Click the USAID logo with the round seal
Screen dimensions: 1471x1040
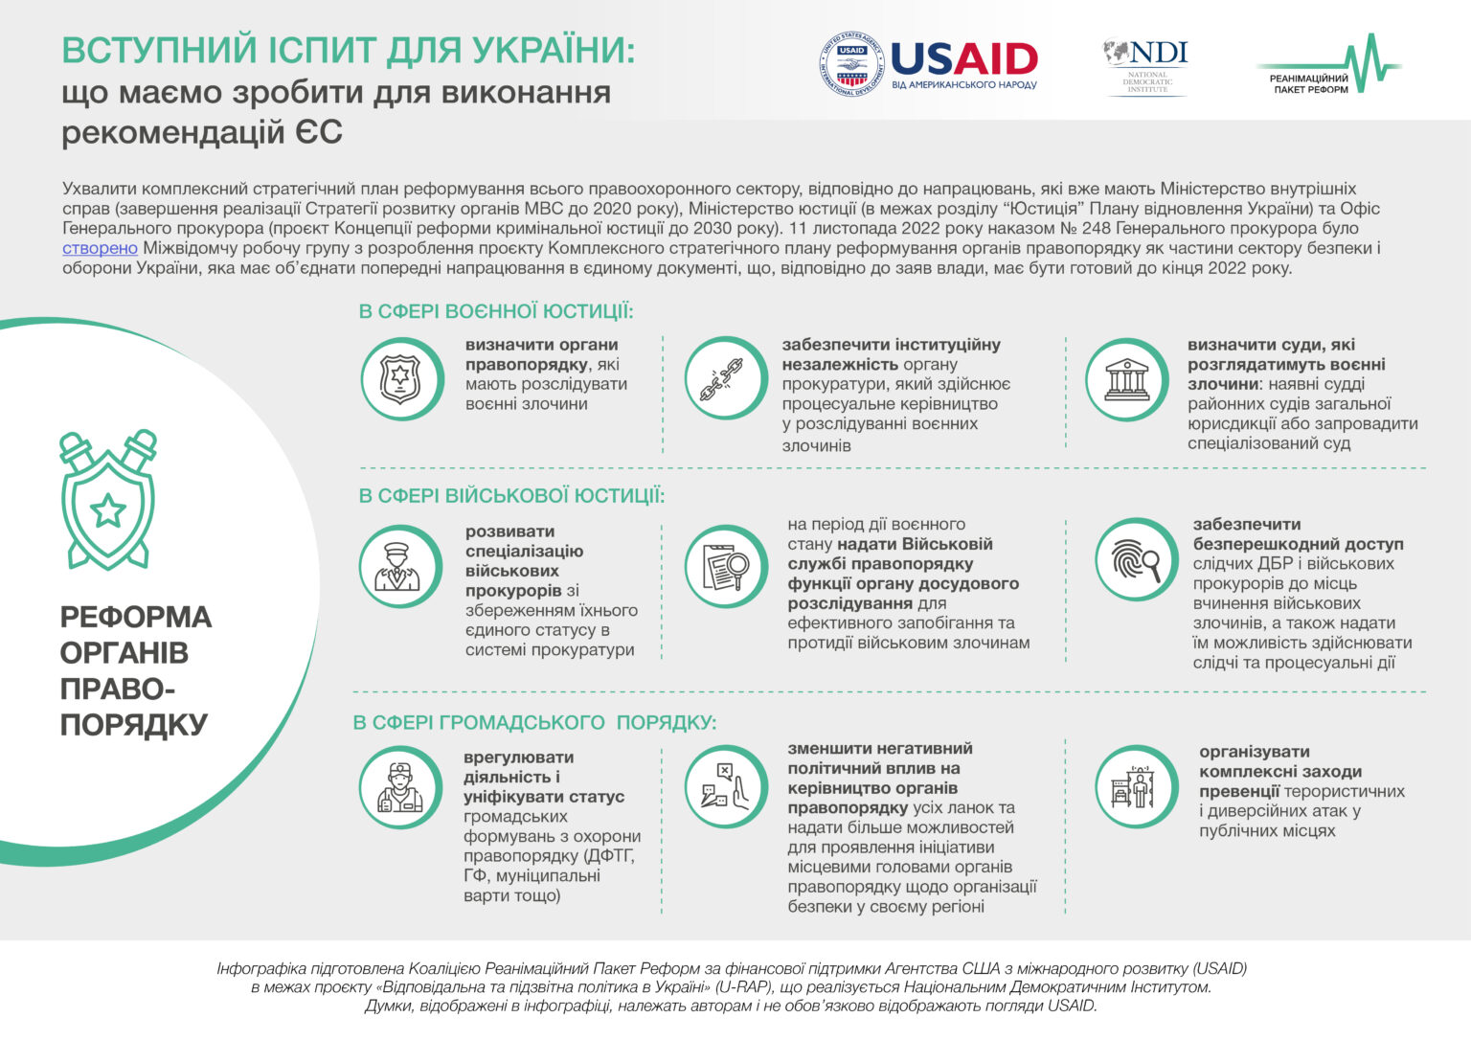click(x=928, y=64)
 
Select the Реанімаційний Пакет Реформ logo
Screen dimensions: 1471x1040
click(x=1328, y=64)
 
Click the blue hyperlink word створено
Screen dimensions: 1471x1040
click(x=100, y=248)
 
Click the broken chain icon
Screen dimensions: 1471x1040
click(x=726, y=378)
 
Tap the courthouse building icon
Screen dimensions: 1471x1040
click(x=1126, y=379)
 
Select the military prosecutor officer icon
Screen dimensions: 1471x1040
click(x=400, y=567)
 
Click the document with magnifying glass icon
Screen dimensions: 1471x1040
click(x=726, y=566)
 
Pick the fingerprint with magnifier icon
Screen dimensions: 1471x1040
click(x=1136, y=559)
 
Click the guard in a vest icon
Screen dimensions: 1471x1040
click(x=400, y=787)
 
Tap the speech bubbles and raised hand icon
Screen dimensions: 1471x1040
click(x=726, y=786)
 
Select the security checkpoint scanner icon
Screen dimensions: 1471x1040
click(x=1136, y=786)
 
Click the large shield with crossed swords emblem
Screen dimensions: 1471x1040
click(x=108, y=499)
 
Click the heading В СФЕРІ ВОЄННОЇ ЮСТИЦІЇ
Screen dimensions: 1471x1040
click(x=496, y=311)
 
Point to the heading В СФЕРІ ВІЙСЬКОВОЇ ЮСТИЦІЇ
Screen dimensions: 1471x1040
click(x=511, y=496)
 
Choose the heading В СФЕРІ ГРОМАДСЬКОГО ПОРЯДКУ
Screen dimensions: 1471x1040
click(x=534, y=722)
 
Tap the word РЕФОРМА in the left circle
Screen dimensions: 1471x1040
click(x=136, y=617)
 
